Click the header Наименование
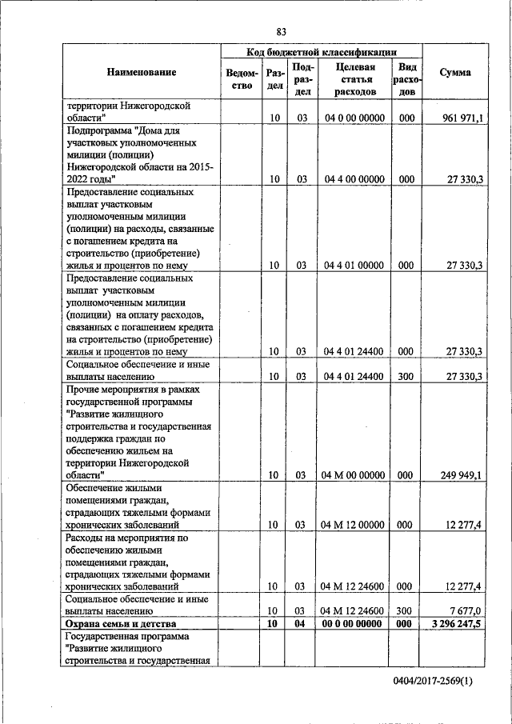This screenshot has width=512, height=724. (142, 73)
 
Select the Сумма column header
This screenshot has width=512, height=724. (455, 73)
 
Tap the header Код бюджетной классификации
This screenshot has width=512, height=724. (322, 50)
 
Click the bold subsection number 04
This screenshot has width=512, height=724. (302, 624)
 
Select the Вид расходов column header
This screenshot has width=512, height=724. (406, 79)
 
